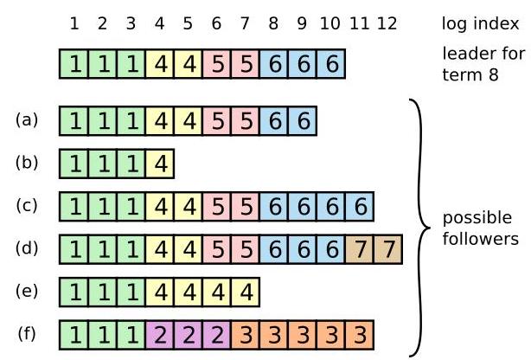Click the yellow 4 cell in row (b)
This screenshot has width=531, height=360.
point(160,164)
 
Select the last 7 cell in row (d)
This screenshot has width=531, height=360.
point(388,248)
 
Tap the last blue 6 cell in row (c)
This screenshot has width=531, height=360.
point(360,206)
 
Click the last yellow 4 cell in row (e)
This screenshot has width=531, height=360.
point(246,291)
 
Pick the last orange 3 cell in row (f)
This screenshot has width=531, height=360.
point(360,333)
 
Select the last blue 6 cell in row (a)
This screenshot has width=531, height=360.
point(303,121)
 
